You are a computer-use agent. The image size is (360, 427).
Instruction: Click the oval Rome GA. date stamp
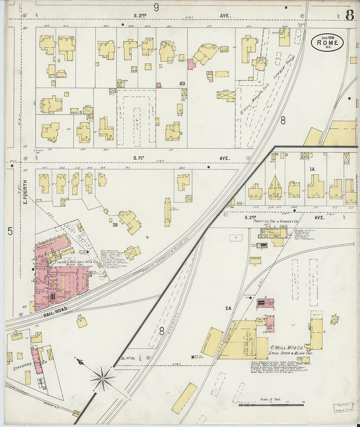[x=327, y=43]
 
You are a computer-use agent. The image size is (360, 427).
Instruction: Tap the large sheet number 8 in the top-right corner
[x=349, y=15]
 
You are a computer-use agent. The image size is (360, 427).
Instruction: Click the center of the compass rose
[x=102, y=379]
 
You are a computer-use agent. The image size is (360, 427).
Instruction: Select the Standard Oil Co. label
[x=30, y=364]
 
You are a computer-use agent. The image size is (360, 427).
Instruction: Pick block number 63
[x=182, y=83]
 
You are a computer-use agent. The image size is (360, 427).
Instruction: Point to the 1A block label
[x=312, y=169]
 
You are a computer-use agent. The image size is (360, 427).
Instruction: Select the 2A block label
[x=228, y=308]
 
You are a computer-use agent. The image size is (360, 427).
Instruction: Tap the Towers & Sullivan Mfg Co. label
[x=78, y=263]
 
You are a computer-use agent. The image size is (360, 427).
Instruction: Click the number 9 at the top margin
[x=156, y=7]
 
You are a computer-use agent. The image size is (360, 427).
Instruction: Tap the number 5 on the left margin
[x=10, y=231]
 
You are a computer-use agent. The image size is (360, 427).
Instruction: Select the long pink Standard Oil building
[x=37, y=361]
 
